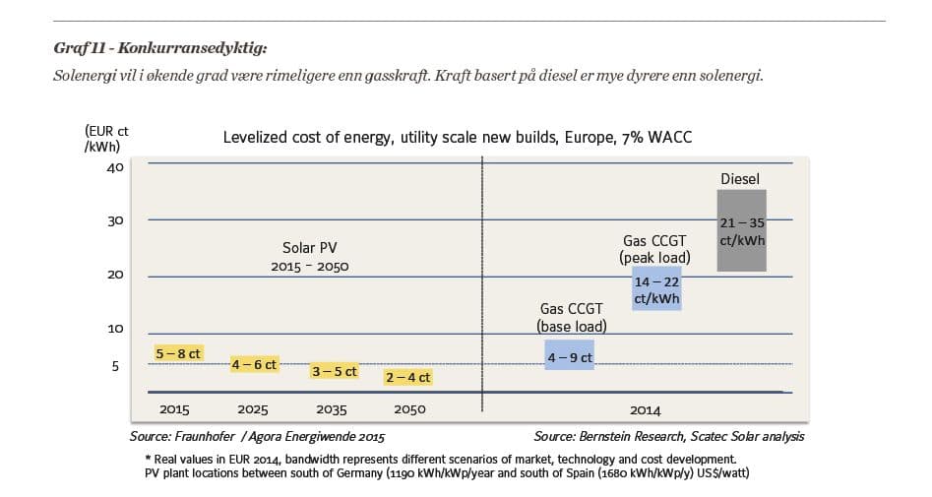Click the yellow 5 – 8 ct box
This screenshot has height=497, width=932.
(x=178, y=353)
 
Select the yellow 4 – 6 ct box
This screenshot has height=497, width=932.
(x=254, y=364)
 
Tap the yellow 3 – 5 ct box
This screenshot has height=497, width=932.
(x=334, y=372)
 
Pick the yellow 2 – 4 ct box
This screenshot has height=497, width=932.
(x=407, y=377)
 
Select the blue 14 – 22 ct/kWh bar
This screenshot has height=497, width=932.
(x=655, y=288)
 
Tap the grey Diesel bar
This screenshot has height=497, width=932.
(x=741, y=230)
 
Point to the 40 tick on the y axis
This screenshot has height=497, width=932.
(x=115, y=167)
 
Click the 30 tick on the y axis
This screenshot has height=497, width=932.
(x=115, y=220)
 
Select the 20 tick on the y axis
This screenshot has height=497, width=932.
(x=115, y=275)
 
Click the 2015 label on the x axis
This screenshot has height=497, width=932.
(x=174, y=409)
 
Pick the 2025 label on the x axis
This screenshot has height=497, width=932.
(x=254, y=409)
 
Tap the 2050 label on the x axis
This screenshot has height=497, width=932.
(x=409, y=409)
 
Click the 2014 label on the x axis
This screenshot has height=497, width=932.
(x=646, y=409)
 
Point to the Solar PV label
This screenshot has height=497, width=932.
(x=310, y=248)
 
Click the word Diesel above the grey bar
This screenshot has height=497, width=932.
(x=740, y=179)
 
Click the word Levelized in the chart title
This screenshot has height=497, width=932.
(x=258, y=138)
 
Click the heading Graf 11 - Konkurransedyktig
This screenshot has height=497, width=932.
(x=160, y=46)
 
